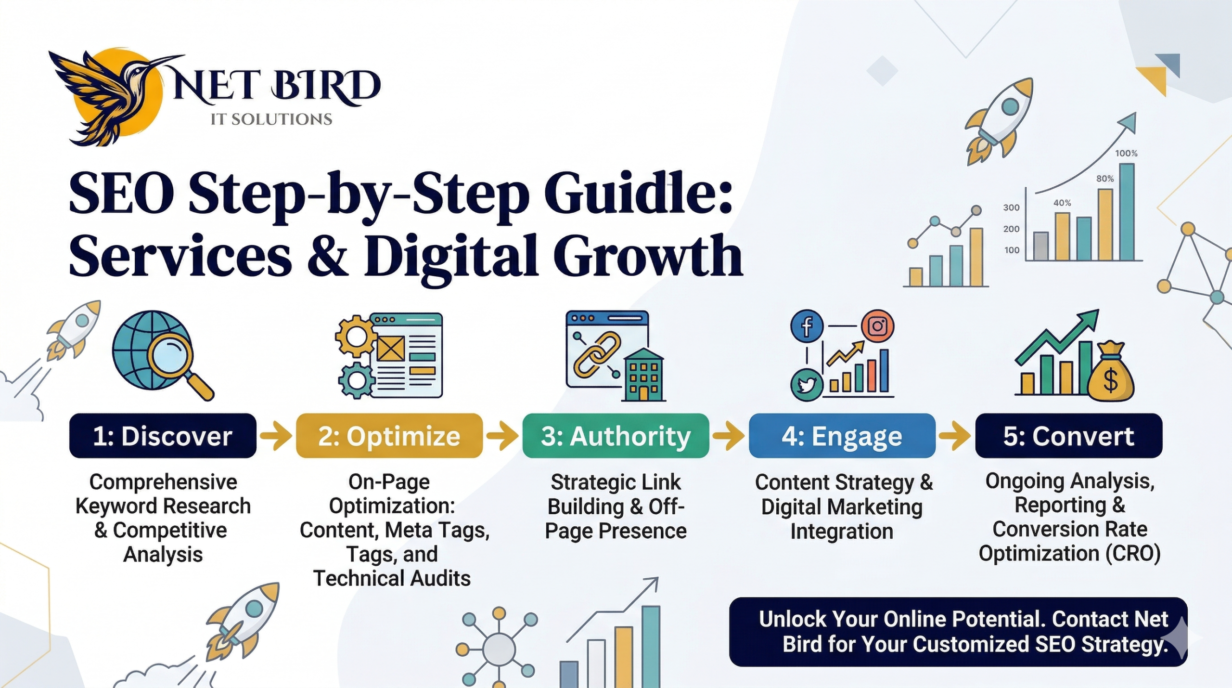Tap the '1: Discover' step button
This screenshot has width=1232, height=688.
(163, 436)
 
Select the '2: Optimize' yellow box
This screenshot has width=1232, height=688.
(389, 436)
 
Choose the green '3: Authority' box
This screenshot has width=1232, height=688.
(616, 436)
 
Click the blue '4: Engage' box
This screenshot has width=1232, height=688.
(842, 436)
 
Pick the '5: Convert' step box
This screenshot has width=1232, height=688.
(1068, 436)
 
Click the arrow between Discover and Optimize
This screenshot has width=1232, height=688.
(276, 436)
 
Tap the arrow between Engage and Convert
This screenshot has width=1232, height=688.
(955, 436)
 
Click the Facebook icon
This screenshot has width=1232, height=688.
(807, 326)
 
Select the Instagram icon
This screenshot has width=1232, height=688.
(877, 326)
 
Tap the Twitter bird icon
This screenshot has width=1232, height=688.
(807, 385)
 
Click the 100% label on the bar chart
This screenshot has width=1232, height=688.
(1126, 154)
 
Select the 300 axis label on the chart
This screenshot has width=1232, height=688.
(1011, 208)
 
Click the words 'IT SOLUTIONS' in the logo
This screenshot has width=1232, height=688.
(271, 119)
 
